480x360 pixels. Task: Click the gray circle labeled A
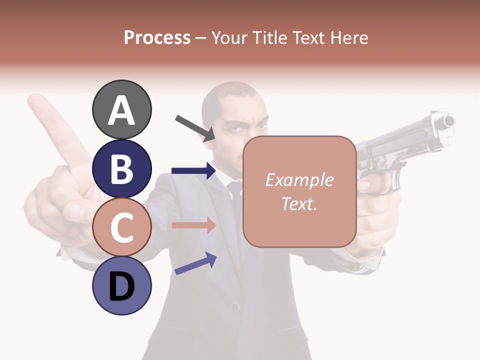click(x=121, y=109)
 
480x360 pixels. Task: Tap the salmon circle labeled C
click(x=121, y=227)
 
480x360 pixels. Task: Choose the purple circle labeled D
click(x=121, y=286)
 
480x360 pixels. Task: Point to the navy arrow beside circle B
click(x=193, y=171)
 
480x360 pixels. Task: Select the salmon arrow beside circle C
click(x=193, y=225)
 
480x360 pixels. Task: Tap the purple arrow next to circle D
click(x=195, y=263)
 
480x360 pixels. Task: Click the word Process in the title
click(x=157, y=37)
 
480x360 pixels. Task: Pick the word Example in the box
click(x=299, y=180)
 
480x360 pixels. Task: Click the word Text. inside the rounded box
click(x=299, y=203)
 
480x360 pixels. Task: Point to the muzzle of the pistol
click(x=447, y=121)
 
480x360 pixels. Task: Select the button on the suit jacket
click(x=234, y=306)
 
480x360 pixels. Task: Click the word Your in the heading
click(x=230, y=37)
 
